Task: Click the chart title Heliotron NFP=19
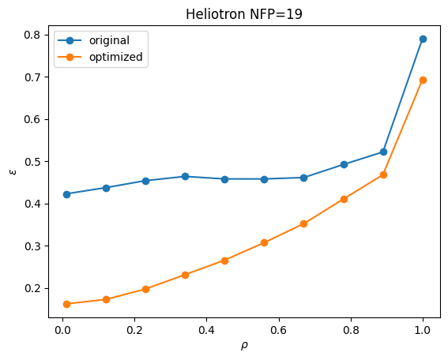point(244,14)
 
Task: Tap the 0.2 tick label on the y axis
point(33,288)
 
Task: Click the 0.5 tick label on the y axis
point(33,162)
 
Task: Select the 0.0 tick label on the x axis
point(62,330)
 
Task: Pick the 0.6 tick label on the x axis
point(279,330)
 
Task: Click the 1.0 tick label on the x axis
point(423,330)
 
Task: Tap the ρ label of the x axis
point(244,346)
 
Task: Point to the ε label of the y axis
point(13,171)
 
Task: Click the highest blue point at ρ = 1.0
point(423,39)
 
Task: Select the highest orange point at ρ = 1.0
point(423,81)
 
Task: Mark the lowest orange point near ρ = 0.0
point(66,304)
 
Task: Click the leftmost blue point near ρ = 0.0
point(66,194)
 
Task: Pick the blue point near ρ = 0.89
point(383,152)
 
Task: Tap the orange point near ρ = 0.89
point(383,174)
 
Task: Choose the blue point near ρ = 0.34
point(185,176)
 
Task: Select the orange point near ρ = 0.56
point(264,242)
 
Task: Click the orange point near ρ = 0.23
point(145,289)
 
